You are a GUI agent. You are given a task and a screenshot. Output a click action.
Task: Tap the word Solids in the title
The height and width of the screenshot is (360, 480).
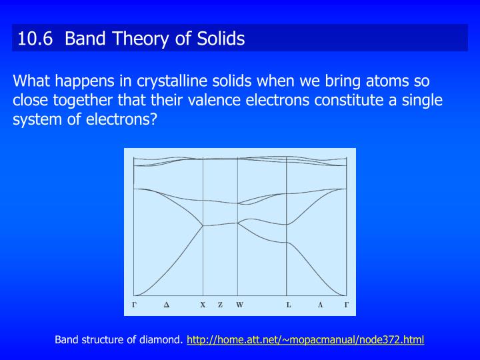221,39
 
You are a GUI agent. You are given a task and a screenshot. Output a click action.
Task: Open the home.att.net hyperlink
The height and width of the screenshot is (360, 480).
305,340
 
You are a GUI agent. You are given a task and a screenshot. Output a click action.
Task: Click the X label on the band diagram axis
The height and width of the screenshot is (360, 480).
203,305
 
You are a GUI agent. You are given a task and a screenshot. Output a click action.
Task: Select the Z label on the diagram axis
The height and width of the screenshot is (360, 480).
220,305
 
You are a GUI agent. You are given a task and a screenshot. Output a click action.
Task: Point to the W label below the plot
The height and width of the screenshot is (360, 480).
239,305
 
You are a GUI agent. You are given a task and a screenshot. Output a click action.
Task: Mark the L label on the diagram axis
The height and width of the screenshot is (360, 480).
289,305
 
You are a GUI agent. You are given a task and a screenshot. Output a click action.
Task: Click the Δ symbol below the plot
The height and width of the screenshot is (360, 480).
167,305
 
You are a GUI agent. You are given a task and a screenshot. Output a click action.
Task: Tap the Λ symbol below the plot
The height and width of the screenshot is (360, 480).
320,305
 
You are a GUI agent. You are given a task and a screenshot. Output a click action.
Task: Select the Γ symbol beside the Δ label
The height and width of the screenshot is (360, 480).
134,305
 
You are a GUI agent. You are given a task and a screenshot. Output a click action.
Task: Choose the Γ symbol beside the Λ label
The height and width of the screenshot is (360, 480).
346,305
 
